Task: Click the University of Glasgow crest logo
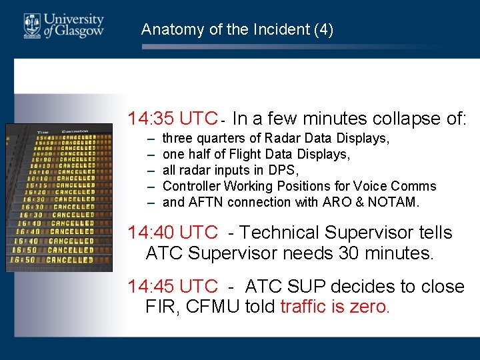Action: [32, 25]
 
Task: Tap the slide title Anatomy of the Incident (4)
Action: [237, 29]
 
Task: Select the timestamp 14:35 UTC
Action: [173, 119]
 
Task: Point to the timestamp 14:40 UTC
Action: [173, 233]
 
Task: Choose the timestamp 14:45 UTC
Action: [173, 287]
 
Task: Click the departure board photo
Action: [59, 197]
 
